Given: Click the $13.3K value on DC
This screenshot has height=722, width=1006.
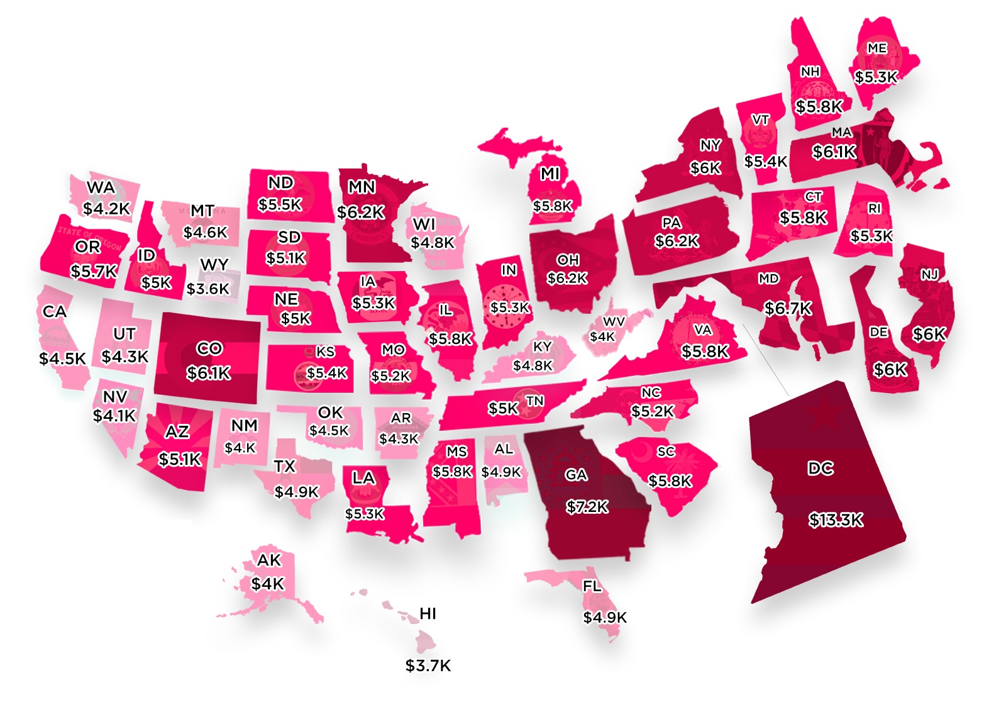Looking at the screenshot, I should coord(836,520).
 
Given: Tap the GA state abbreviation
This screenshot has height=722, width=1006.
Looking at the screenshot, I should coord(576,475).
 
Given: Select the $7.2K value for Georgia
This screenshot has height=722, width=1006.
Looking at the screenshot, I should coord(587,507).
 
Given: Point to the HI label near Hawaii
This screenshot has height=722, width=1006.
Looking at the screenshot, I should coord(428,614).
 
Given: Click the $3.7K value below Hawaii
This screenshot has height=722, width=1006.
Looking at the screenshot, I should coord(428,665).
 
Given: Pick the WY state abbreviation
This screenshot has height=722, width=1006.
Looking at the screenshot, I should coord(214,265).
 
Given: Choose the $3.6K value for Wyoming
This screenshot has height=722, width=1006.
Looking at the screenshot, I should coord(209,289).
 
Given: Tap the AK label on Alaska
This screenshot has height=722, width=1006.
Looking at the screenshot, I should coord(269,560).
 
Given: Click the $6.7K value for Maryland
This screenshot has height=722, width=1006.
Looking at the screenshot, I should coord(788,309).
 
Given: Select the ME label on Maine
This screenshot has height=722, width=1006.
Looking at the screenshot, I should coord(876,48).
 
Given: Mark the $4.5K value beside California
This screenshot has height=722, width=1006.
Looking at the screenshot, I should coord(62,359).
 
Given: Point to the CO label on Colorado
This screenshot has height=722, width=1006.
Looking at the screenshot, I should coord(209,348).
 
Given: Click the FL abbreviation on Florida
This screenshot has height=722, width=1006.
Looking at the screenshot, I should coord(592,587).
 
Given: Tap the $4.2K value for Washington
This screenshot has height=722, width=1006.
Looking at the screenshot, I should coord(106,209).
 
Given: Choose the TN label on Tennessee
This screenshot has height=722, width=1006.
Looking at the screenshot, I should coord(534,401).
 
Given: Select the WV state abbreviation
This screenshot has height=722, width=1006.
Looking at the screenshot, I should coord(614,322).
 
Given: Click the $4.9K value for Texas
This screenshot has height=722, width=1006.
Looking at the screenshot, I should coord(297,492).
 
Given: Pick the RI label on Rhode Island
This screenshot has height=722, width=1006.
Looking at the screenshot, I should coord(874,209).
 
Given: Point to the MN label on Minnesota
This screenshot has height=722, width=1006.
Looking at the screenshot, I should coord(362,187).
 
